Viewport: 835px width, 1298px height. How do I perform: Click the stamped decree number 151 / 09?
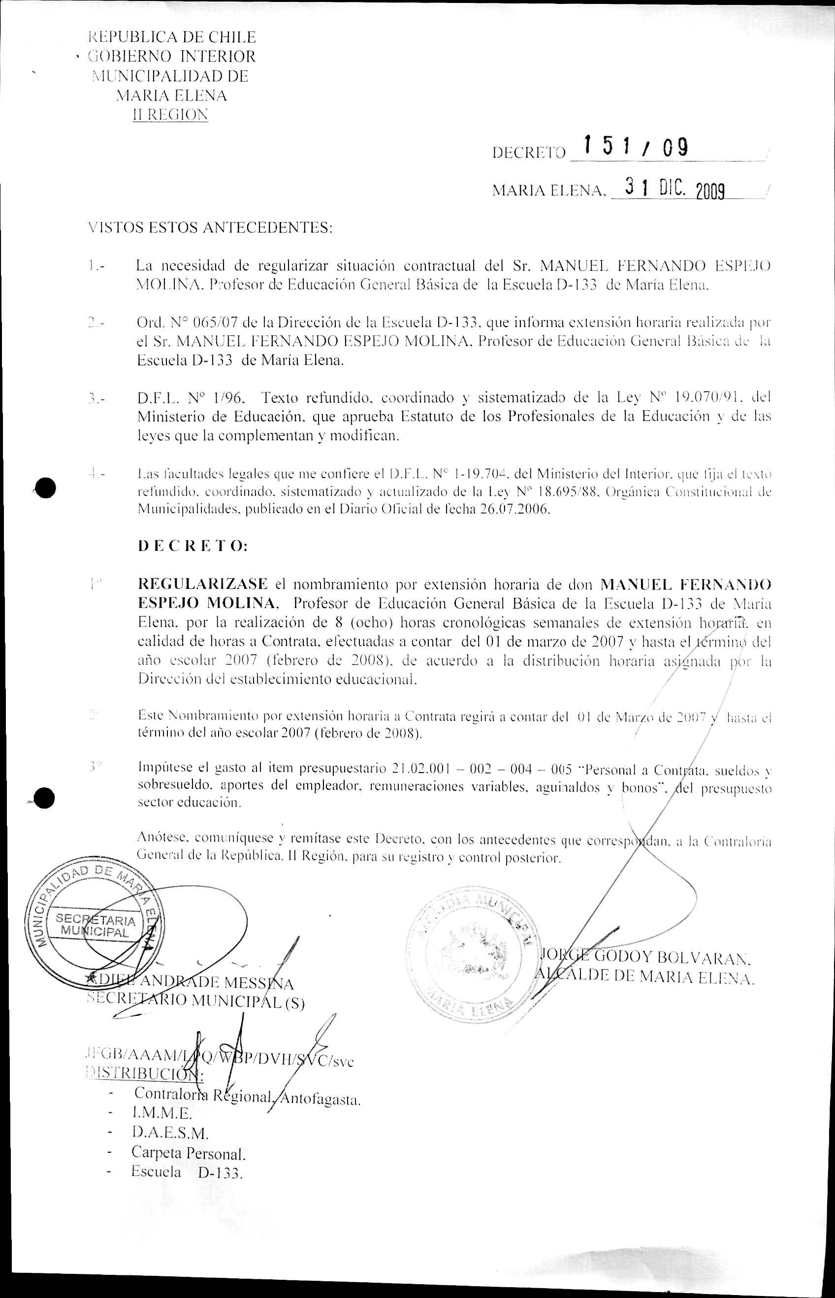(635, 147)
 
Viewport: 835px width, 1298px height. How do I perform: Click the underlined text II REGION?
(170, 115)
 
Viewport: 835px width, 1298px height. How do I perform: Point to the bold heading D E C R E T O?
(193, 546)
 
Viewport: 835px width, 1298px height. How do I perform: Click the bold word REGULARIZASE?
(203, 584)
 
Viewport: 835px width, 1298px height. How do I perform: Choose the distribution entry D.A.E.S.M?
(170, 1133)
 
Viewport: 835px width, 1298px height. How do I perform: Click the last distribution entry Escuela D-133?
(186, 1172)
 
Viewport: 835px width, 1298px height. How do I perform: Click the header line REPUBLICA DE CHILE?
(172, 37)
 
